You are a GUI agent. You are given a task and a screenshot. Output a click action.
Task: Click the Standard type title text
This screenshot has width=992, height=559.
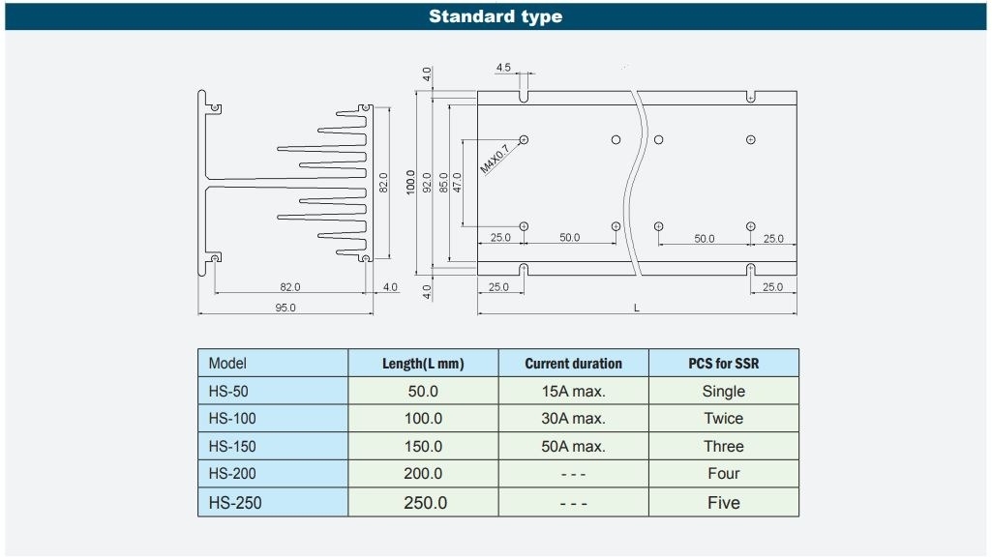pos(496,16)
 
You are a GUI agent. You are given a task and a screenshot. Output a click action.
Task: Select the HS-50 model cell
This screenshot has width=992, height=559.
pos(273,391)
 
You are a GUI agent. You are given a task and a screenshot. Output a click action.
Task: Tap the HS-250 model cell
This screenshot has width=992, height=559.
pos(273,502)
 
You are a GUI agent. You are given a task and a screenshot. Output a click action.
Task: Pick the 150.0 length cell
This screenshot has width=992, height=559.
pos(423,447)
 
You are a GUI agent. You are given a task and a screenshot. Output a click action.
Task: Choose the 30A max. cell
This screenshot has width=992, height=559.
pos(573,419)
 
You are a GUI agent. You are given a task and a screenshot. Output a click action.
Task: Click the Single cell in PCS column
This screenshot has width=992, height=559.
pos(724,391)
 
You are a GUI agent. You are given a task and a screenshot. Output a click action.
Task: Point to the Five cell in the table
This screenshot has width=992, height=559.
pos(724,502)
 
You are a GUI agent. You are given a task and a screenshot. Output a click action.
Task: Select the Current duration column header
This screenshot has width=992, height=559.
pos(573,364)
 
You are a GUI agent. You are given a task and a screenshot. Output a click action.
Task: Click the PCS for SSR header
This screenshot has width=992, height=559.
pos(724,364)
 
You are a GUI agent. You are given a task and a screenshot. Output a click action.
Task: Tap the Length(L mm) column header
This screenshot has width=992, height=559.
pos(423,364)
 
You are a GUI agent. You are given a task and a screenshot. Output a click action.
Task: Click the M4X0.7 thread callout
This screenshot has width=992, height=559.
pos(495,159)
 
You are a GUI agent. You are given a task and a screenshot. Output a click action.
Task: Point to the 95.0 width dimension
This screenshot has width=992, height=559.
pos(286,308)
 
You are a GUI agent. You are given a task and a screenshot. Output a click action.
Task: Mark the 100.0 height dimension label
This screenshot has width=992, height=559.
pos(410,182)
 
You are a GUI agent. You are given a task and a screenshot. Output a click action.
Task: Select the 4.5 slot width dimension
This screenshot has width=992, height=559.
pos(503,67)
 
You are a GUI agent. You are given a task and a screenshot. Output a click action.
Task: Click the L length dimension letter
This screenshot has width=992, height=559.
pos(637,308)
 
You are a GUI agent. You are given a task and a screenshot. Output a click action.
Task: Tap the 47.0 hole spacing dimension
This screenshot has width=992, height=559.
pos(458,182)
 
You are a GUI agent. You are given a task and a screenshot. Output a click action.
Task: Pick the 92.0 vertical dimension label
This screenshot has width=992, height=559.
pos(427,182)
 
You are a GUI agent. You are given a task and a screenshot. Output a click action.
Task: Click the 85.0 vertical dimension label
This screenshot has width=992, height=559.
pos(443,182)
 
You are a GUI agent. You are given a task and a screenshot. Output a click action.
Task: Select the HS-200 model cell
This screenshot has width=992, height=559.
pos(273,474)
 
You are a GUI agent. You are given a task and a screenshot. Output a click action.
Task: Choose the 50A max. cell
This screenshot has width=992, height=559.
pos(573,447)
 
